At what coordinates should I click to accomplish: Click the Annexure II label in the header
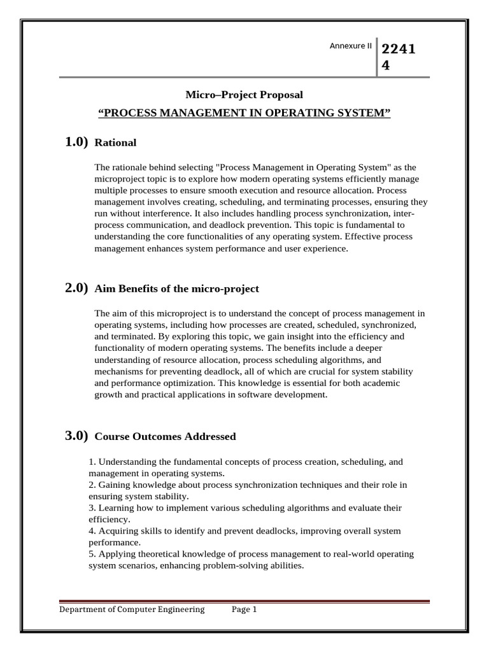coord(350,46)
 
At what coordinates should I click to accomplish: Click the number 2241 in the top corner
coord(398,50)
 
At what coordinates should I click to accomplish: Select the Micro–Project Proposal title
coord(244,95)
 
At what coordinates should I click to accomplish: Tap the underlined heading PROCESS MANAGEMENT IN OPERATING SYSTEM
coord(244,113)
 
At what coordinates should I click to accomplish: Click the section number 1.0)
coord(76,142)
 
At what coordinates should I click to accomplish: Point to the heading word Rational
coord(115,143)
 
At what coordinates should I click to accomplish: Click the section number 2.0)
coord(76,288)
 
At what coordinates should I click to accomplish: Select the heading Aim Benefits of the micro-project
coord(176,288)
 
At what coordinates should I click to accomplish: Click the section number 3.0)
coord(76,436)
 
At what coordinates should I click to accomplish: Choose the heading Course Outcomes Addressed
coord(165,437)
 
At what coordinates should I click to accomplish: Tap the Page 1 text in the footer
coord(244,609)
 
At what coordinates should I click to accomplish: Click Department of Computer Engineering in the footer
coord(132,609)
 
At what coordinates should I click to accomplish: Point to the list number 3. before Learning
coord(92,507)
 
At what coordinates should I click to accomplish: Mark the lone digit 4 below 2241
coord(385,65)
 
